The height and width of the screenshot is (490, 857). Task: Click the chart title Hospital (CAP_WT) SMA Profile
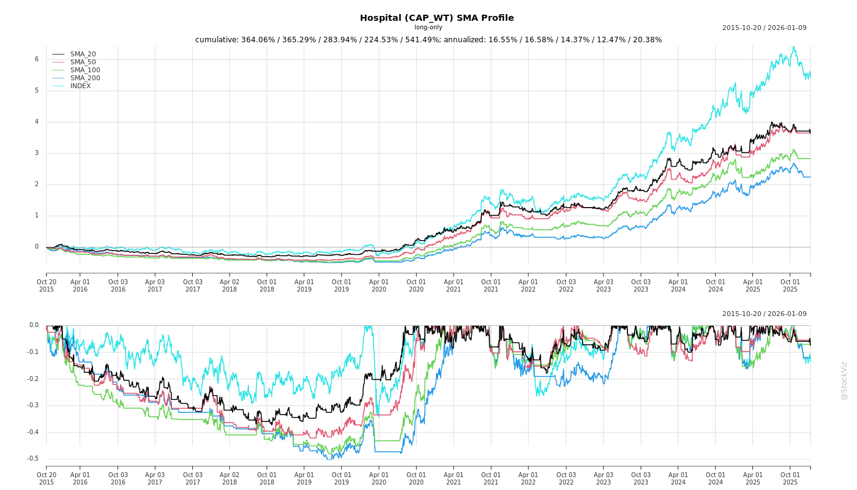(x=436, y=18)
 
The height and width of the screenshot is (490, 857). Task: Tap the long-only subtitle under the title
(x=428, y=28)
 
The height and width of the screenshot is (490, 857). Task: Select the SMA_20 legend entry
(x=83, y=55)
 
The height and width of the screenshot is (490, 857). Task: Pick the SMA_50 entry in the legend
(x=83, y=62)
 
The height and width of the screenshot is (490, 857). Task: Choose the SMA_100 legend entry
(x=85, y=70)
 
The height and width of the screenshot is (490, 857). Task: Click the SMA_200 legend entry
(x=85, y=78)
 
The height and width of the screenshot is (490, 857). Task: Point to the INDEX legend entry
(x=80, y=86)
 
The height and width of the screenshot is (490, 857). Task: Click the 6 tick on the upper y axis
(x=37, y=59)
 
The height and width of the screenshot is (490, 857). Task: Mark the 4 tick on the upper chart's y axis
(x=37, y=122)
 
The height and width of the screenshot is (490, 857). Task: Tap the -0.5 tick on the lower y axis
(x=33, y=459)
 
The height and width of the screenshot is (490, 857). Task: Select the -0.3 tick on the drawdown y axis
(x=33, y=405)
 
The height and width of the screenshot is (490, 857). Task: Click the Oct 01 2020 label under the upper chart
(x=416, y=285)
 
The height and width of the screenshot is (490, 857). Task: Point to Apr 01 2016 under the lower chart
(x=80, y=478)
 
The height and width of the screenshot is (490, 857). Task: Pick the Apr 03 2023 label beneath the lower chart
(x=604, y=478)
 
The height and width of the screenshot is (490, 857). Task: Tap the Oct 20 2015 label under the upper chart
(x=47, y=285)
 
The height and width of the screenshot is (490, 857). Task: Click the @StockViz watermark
(x=844, y=380)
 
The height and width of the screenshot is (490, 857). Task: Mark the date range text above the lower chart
(x=764, y=314)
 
